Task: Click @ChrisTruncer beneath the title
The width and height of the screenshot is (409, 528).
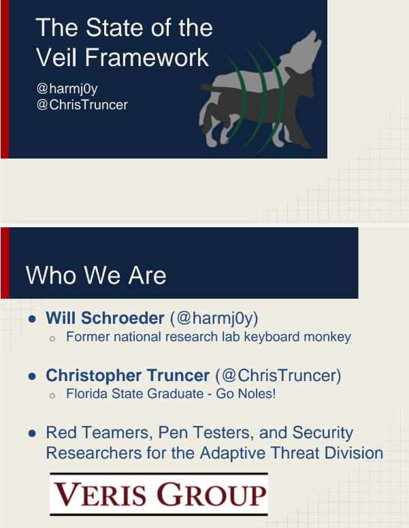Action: point(82,105)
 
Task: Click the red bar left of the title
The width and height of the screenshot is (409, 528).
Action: point(4,79)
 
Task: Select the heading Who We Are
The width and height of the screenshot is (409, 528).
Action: point(96,276)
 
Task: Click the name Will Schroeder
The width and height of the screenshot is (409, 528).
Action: point(105,318)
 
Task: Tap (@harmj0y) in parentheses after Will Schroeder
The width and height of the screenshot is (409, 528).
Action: point(214,318)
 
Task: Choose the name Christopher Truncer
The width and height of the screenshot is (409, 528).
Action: point(127,376)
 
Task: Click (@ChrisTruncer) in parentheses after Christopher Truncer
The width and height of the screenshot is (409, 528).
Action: point(278,376)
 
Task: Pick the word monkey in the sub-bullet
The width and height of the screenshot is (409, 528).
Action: point(329,337)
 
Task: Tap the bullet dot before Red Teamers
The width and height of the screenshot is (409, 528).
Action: point(32,433)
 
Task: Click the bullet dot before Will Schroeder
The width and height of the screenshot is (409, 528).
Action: point(32,319)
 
